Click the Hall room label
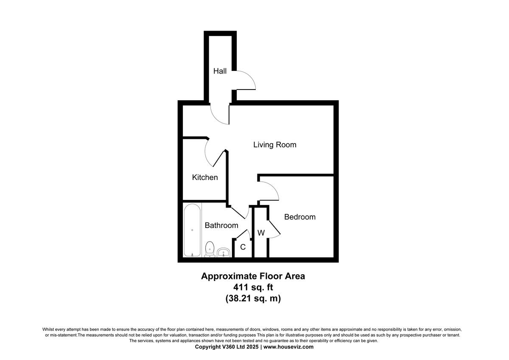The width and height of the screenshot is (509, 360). click(220, 71)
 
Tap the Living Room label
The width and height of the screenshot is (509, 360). click(274, 145)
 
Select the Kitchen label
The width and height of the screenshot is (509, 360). click(205, 177)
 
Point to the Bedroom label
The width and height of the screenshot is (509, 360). click(299, 217)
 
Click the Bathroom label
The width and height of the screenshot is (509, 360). click(221, 225)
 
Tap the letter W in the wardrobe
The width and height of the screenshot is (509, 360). click(261, 233)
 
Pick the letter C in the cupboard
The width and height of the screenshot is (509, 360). click(243, 247)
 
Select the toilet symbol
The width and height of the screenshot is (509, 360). click(210, 249)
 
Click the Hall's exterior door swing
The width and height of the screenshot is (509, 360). click(245, 81)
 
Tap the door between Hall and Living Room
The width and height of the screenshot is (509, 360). click(220, 115)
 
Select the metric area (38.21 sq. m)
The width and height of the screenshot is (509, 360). click(253, 298)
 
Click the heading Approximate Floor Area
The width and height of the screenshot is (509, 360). click(253, 276)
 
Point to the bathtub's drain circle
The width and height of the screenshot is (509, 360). click(192, 230)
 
